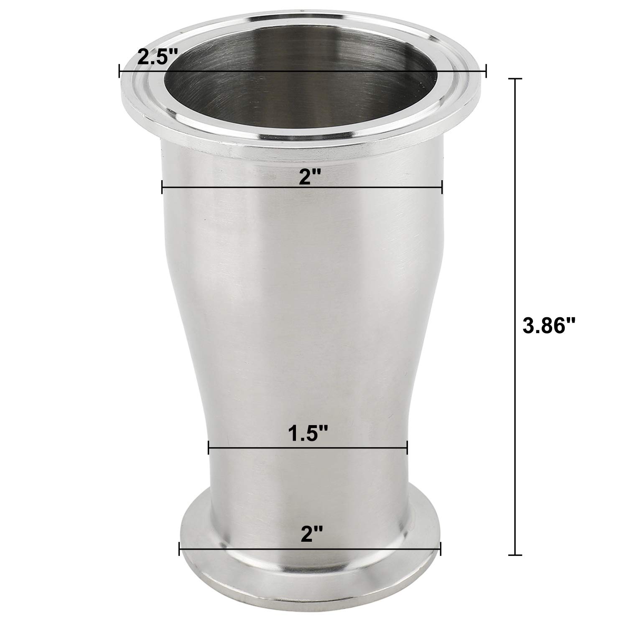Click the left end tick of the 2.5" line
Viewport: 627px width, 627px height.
(120, 71)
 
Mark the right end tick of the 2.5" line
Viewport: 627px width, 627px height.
(486, 71)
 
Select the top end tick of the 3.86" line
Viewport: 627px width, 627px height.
(515, 79)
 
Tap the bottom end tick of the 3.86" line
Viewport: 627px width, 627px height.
(515, 555)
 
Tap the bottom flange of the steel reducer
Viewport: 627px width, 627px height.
(309, 577)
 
